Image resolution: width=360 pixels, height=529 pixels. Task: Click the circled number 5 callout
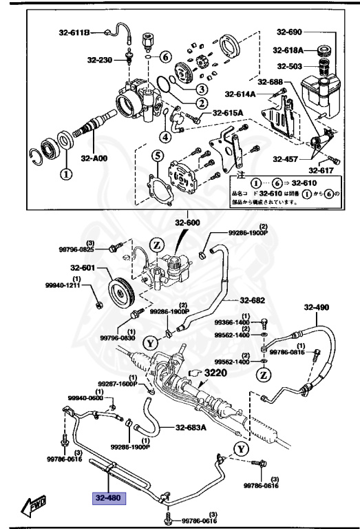(x=157, y=156)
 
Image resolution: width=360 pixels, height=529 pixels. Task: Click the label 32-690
(x=290, y=32)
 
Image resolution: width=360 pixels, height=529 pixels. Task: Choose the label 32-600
(x=187, y=222)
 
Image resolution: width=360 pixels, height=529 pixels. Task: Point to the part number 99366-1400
(x=231, y=322)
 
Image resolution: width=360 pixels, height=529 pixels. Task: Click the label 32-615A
(x=228, y=113)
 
